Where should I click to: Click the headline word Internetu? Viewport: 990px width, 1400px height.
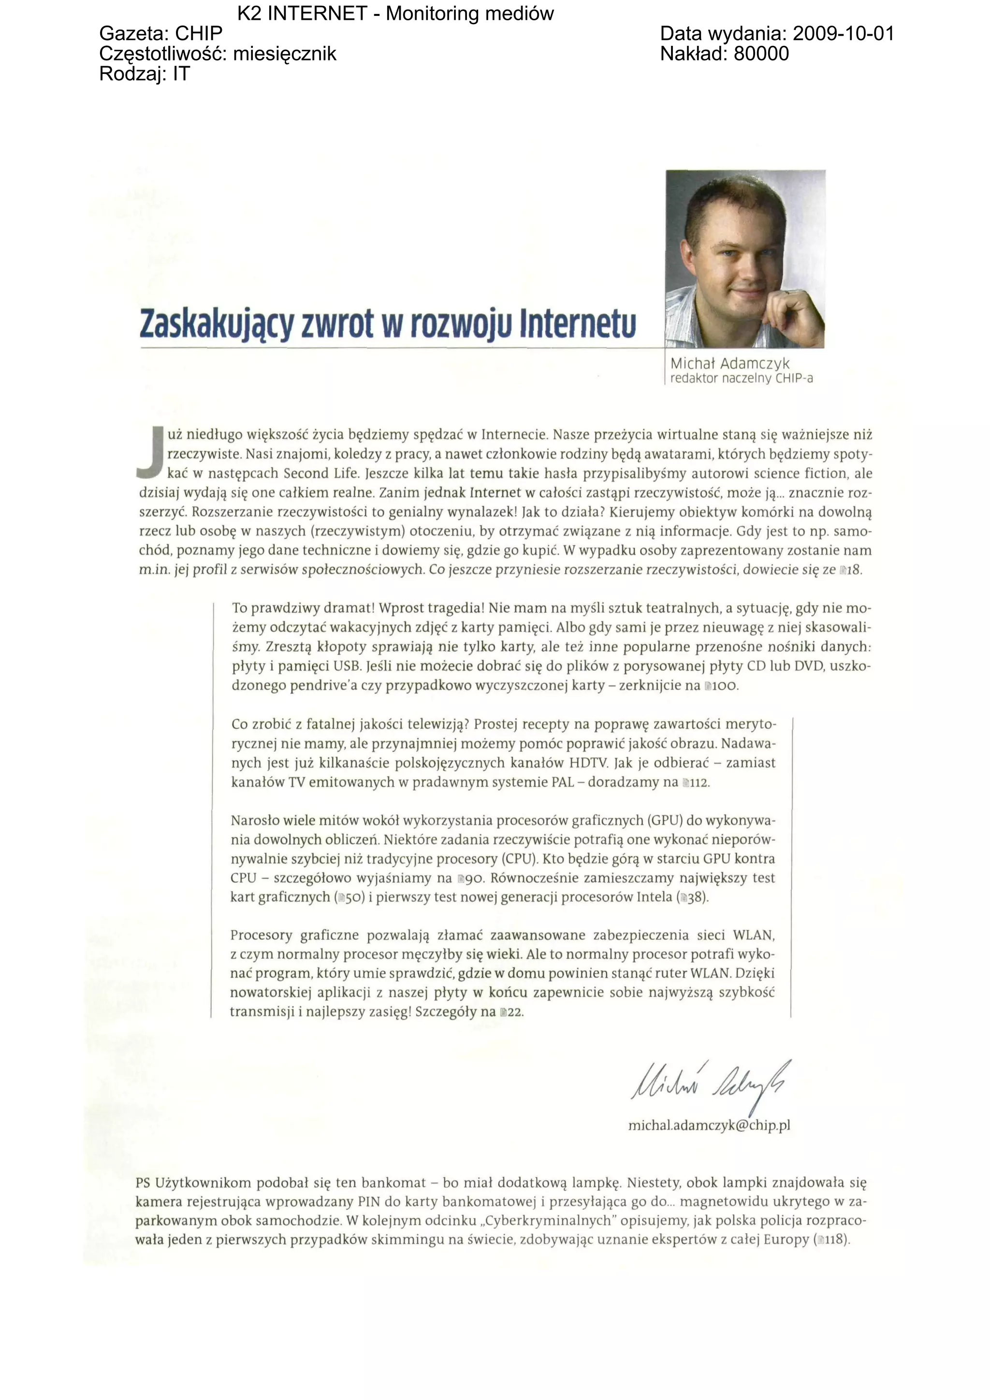(577, 324)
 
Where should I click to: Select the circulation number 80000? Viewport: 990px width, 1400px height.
(761, 54)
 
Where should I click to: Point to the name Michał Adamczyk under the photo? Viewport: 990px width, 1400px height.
(729, 363)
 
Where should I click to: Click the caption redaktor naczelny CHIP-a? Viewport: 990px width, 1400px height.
(741, 379)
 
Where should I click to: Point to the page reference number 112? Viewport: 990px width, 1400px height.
(699, 783)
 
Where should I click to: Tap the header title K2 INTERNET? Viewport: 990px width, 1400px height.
(302, 14)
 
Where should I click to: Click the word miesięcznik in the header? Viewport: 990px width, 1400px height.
(284, 54)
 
